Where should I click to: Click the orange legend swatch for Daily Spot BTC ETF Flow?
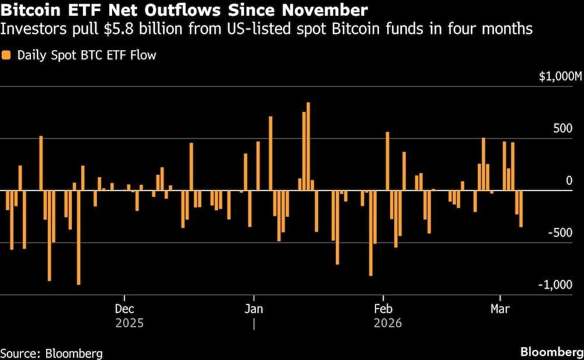pyautogui.click(x=6, y=56)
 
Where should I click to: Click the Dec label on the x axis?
pyautogui.click(x=124, y=308)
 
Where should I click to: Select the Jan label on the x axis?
pyautogui.click(x=253, y=308)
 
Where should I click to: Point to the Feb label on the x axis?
pyautogui.click(x=383, y=308)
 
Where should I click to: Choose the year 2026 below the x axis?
pyautogui.click(x=387, y=323)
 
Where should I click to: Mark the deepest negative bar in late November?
pyautogui.click(x=78, y=237)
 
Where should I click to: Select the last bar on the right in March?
pyautogui.click(x=521, y=208)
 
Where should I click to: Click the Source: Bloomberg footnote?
pyautogui.click(x=51, y=353)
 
